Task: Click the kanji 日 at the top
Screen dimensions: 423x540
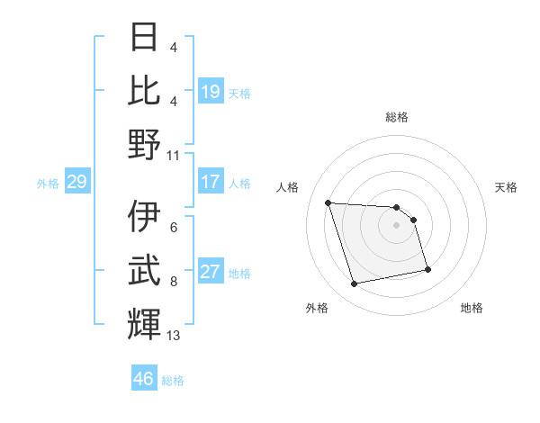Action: (145, 39)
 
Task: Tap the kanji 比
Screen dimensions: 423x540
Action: (145, 91)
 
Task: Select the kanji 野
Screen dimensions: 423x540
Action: (145, 143)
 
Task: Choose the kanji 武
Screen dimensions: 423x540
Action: (145, 271)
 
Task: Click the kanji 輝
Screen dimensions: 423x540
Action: (145, 323)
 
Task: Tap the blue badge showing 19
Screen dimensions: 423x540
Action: (211, 92)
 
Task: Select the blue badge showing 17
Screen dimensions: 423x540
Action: (211, 182)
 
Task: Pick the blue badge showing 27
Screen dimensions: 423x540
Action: (211, 272)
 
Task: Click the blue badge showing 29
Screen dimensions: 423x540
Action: (76, 183)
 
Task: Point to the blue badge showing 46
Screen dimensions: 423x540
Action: (144, 379)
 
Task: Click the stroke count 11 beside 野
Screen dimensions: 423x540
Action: (174, 155)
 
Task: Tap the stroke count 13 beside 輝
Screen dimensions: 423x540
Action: (174, 336)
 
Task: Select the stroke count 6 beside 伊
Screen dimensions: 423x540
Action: (173, 229)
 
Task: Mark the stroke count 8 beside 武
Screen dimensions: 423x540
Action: (173, 282)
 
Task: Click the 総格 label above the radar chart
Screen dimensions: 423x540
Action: (396, 118)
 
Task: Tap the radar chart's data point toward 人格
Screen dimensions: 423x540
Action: (328, 202)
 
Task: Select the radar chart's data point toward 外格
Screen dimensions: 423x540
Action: (355, 284)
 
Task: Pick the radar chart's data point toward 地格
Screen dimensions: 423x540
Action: (427, 269)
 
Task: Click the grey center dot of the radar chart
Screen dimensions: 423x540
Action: (396, 225)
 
